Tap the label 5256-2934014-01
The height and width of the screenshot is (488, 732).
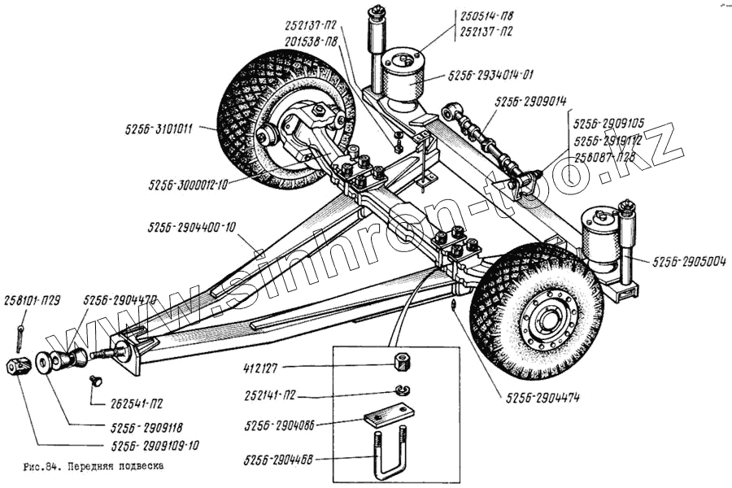[490, 76]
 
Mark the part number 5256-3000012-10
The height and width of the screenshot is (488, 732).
[188, 185]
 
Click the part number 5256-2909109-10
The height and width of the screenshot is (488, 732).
[156, 446]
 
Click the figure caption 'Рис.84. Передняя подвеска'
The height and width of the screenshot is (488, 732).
[94, 468]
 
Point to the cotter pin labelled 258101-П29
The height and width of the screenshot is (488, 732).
[18, 333]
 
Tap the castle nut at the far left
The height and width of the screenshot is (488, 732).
[18, 366]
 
